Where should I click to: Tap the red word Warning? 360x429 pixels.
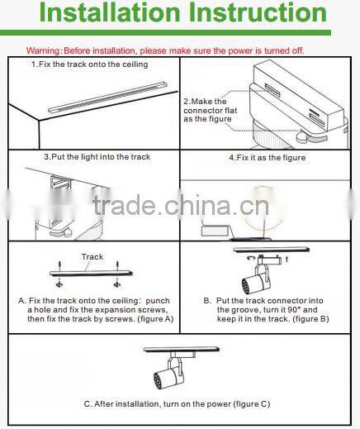coord(43,50)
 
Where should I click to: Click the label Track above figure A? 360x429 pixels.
coord(92,257)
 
